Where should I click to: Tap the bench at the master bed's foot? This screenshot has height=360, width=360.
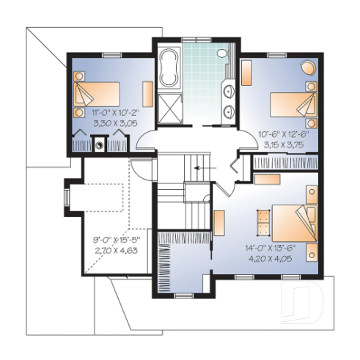[262, 219]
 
